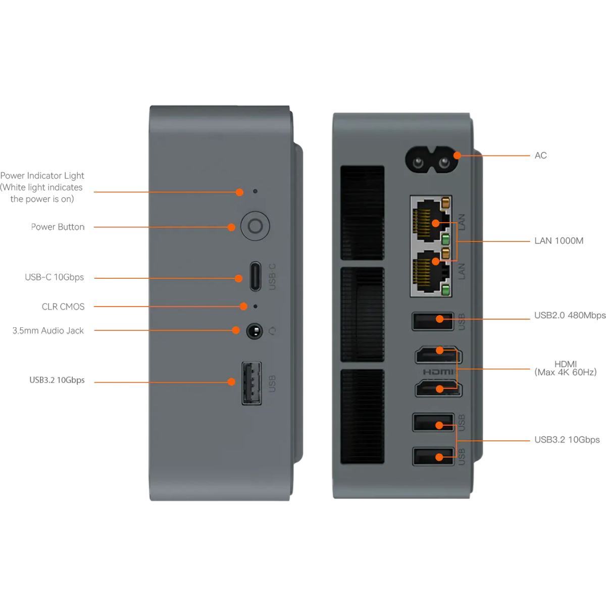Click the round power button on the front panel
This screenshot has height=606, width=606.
click(255, 226)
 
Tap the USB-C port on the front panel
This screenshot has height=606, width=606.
click(256, 276)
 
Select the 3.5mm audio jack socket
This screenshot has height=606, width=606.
click(255, 331)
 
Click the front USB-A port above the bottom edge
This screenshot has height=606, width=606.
click(251, 383)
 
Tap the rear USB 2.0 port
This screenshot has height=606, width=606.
click(432, 321)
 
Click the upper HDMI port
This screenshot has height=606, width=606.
click(437, 355)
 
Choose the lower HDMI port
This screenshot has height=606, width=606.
click(437, 389)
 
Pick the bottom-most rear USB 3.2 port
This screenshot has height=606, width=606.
click(433, 457)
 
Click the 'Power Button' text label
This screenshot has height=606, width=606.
click(58, 227)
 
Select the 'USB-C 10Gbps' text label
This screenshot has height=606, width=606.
click(55, 277)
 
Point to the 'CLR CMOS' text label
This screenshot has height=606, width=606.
click(63, 307)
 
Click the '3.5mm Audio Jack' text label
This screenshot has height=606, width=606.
click(48, 331)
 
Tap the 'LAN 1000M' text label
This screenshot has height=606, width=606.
click(559, 241)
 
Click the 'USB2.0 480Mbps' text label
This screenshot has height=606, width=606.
click(570, 316)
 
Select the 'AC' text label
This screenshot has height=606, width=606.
click(540, 156)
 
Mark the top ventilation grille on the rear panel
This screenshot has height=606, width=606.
click(362, 213)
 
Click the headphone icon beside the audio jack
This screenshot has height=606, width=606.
click(273, 331)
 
